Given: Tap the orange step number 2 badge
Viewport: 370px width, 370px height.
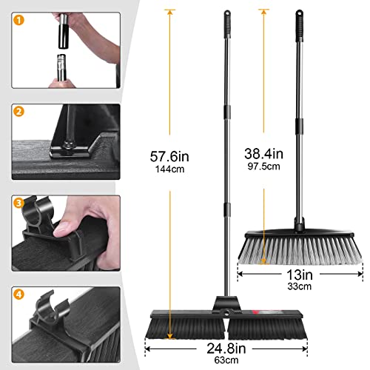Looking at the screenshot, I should point(18,113).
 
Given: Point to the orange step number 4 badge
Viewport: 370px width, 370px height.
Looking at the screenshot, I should point(18,292).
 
